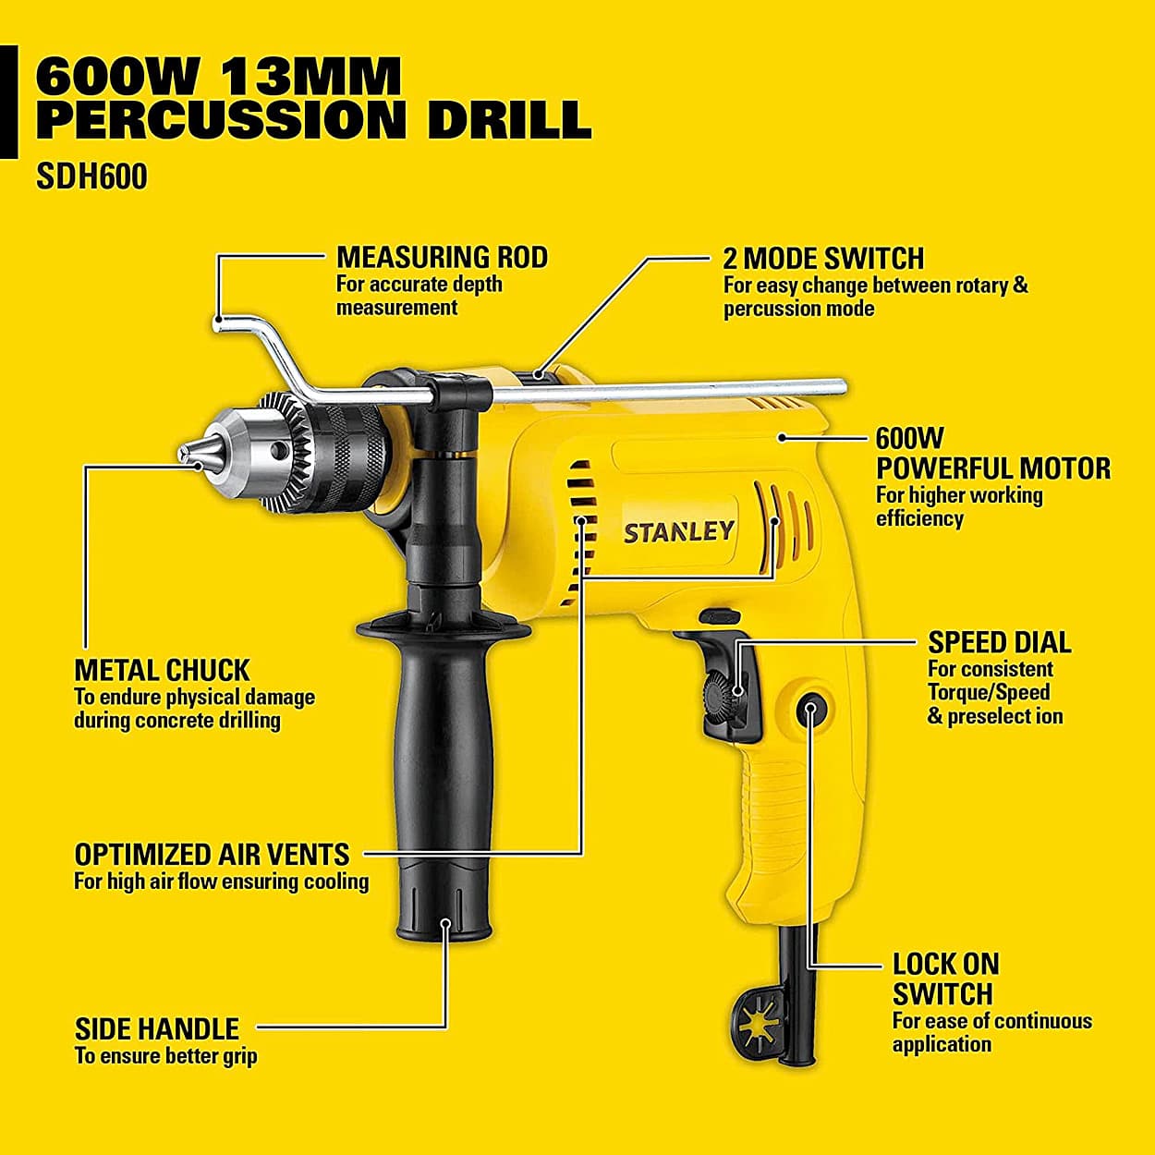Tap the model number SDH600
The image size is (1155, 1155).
coord(91,176)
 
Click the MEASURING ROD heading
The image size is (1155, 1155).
coord(442,257)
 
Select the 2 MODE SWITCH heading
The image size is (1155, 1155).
coord(823,258)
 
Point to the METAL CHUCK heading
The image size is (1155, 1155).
coord(162,670)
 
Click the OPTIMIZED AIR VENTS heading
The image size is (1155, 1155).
coord(212,854)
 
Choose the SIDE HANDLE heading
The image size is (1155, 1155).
coord(156,1028)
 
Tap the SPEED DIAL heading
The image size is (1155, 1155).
coord(999,642)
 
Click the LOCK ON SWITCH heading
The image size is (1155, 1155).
coord(944,979)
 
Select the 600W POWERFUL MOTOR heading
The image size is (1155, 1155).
coord(992,454)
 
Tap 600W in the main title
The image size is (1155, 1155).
coord(115,76)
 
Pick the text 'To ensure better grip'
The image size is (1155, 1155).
coord(165,1056)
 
